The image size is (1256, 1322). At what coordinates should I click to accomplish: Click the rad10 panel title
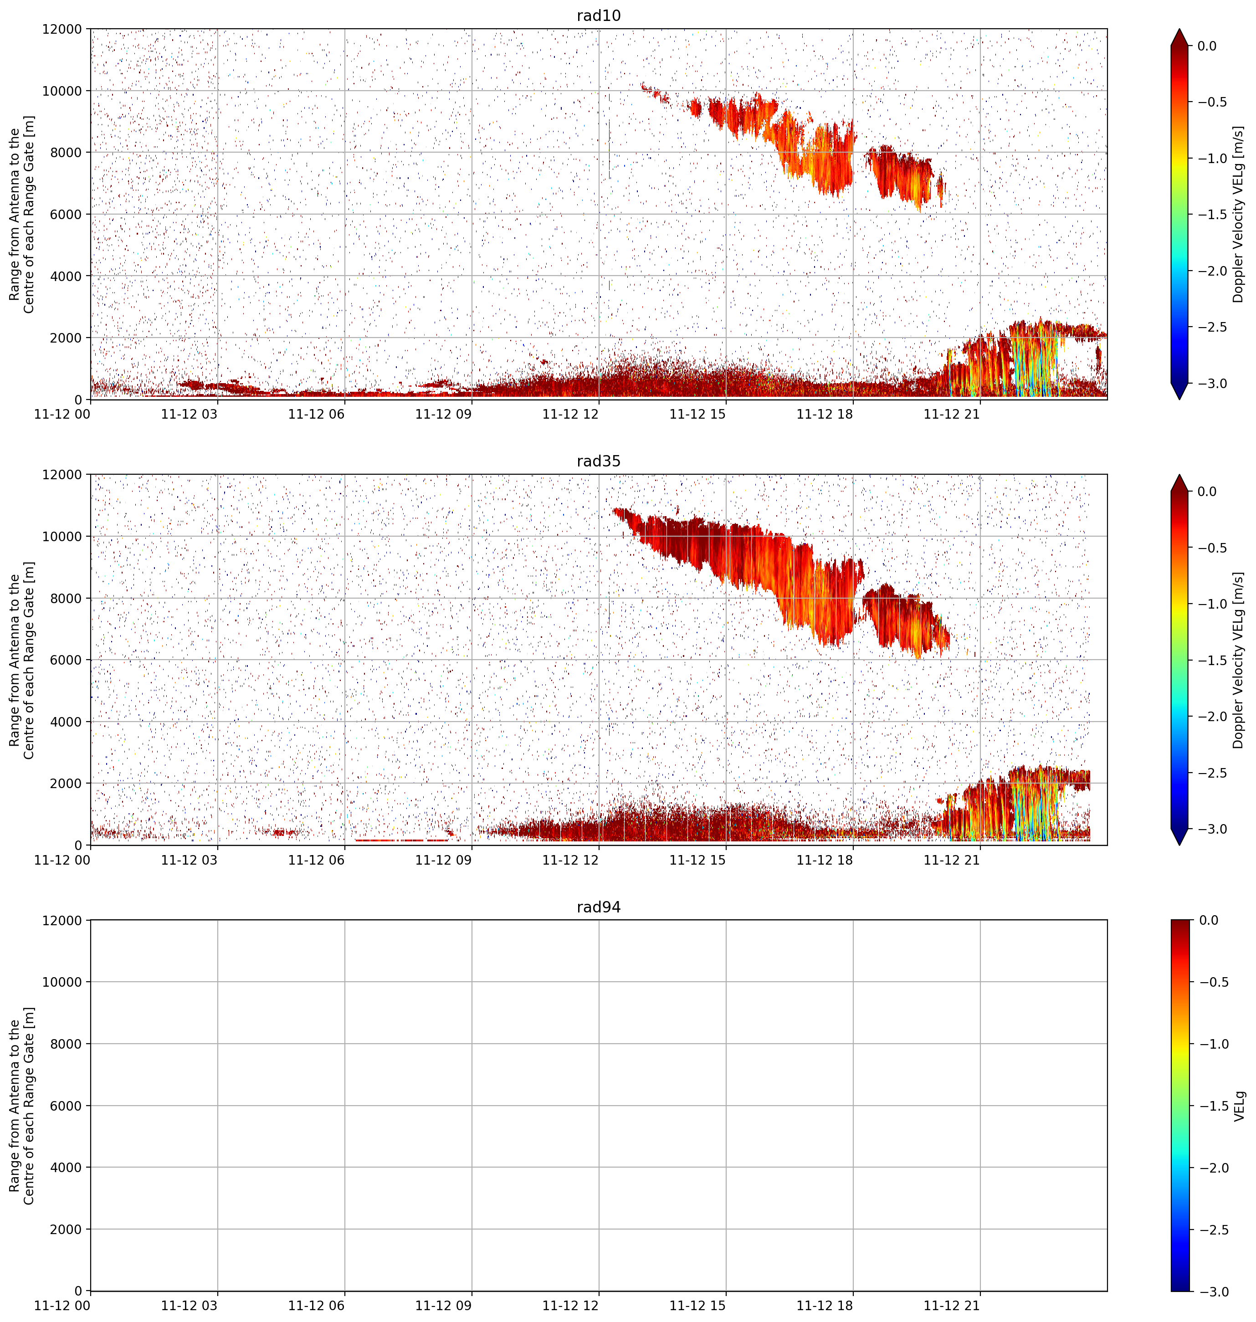pos(599,15)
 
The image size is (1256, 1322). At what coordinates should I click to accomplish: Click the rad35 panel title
pos(599,461)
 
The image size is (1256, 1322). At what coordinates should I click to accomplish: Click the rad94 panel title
pos(599,907)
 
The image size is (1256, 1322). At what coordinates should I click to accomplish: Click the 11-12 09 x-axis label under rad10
pos(443,415)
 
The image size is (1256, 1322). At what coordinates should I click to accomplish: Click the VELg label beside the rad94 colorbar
pos(1239,1106)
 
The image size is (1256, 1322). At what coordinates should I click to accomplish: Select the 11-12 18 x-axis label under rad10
pos(825,415)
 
